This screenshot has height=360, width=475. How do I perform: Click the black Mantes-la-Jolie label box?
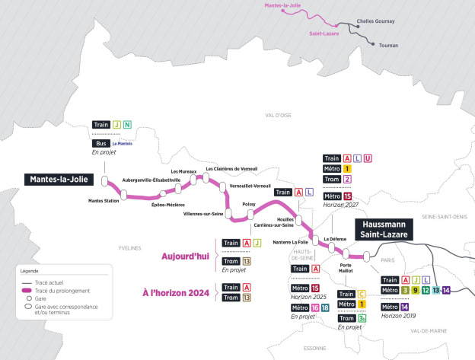pyautogui.click(x=59, y=180)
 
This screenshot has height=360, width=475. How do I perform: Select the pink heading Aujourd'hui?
pyautogui.click(x=186, y=256)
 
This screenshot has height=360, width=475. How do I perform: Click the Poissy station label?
pyautogui.click(x=249, y=205)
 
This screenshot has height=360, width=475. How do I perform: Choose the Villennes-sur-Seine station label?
pyautogui.click(x=203, y=215)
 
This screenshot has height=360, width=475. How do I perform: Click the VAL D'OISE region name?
pyautogui.click(x=279, y=115)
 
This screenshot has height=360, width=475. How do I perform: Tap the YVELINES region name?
pyautogui.click(x=130, y=248)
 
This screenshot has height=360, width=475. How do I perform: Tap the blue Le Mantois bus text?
pyautogui.click(x=123, y=143)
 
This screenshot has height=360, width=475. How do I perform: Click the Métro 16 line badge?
pyautogui.click(x=314, y=307)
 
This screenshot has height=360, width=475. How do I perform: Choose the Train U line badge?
pyautogui.click(x=368, y=158)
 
